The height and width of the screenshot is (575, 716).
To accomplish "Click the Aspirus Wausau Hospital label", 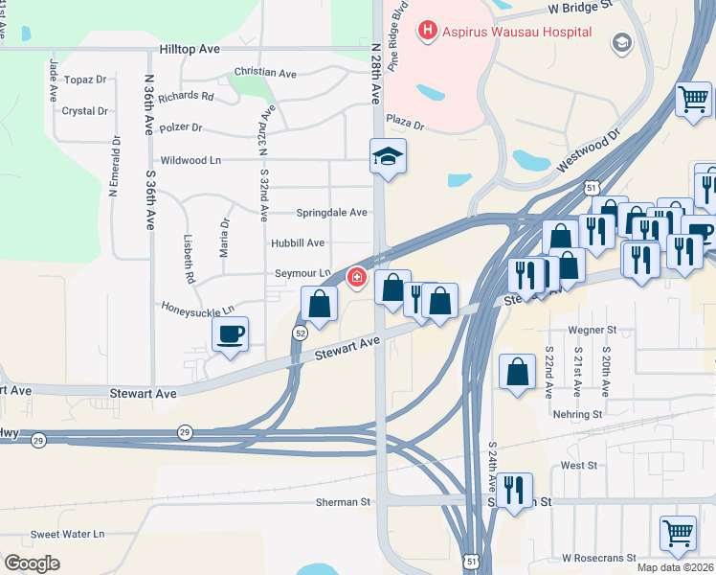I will pyautogui.click(x=517, y=32).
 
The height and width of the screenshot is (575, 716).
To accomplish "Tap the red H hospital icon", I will pyautogui.click(x=427, y=32).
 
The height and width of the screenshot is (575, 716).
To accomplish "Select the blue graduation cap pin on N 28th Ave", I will pyautogui.click(x=389, y=155).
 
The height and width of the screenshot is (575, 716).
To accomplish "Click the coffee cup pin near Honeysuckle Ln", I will pyautogui.click(x=230, y=334).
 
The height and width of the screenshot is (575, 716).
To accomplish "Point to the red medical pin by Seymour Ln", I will pyautogui.click(x=356, y=278).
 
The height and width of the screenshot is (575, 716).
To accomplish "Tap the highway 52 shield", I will pyautogui.click(x=300, y=333).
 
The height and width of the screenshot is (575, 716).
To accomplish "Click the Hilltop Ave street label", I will pyautogui.click(x=190, y=48).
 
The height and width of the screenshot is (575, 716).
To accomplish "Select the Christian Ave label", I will pyautogui.click(x=265, y=73).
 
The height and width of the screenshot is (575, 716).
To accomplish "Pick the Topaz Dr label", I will pyautogui.click(x=85, y=80).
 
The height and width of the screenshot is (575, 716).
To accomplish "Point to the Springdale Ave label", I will pyautogui.click(x=331, y=212).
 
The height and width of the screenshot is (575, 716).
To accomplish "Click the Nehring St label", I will pyautogui.click(x=577, y=415).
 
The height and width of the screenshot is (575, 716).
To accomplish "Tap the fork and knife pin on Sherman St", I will pyautogui.click(x=514, y=491).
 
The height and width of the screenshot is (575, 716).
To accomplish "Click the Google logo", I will pyautogui.click(x=33, y=563).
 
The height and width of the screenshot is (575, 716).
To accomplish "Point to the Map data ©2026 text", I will pyautogui.click(x=675, y=567).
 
